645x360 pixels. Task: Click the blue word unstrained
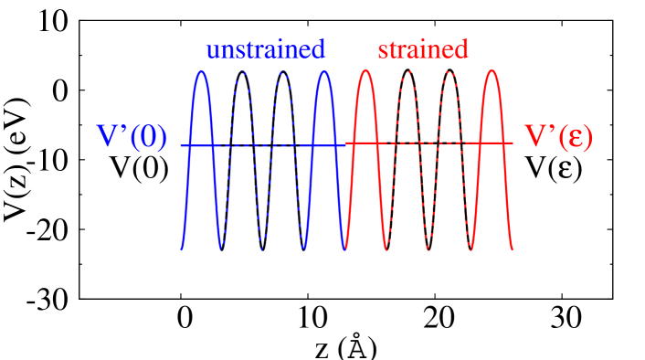[x=265, y=49]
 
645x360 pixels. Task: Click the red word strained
[x=422, y=49]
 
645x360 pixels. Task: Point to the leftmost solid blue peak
[x=202, y=71]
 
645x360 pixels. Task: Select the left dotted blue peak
[x=242, y=71]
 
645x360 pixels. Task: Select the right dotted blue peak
[x=283, y=71]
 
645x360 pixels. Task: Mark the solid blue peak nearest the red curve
[x=324, y=71]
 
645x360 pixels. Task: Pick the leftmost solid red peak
[x=365, y=71]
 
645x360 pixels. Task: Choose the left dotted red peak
[x=407, y=71]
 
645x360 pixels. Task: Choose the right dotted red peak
[x=449, y=71]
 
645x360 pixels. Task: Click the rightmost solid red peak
[x=492, y=71]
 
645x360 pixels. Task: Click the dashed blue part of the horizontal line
[x=262, y=145]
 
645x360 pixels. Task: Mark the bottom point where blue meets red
[x=345, y=249]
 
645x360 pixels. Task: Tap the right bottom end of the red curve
[x=513, y=249]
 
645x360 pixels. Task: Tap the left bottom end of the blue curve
[x=182, y=249]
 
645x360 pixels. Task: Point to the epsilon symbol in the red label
[x=574, y=138]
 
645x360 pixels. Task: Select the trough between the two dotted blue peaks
[x=263, y=248]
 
